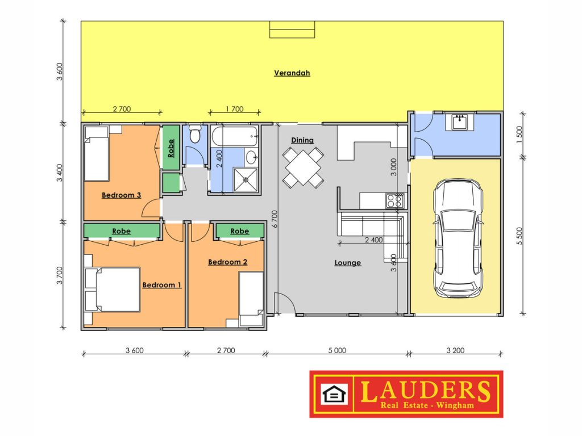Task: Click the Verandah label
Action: tap(292, 73)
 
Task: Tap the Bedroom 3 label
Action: tap(122, 195)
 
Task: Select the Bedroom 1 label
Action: tap(162, 285)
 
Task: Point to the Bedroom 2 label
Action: tap(227, 262)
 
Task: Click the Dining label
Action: tap(302, 140)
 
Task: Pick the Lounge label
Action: tap(347, 262)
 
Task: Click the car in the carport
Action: tap(458, 238)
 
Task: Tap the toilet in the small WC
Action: tap(195, 134)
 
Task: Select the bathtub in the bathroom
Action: tap(235, 136)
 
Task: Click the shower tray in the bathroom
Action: tap(246, 180)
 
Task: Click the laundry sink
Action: tap(460, 121)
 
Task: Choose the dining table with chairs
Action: tap(303, 167)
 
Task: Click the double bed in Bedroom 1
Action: tap(113, 290)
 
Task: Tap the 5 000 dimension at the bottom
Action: tap(337, 350)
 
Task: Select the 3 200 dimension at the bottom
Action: tap(455, 350)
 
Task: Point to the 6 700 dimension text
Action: tap(275, 219)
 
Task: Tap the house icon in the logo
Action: tap(334, 394)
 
